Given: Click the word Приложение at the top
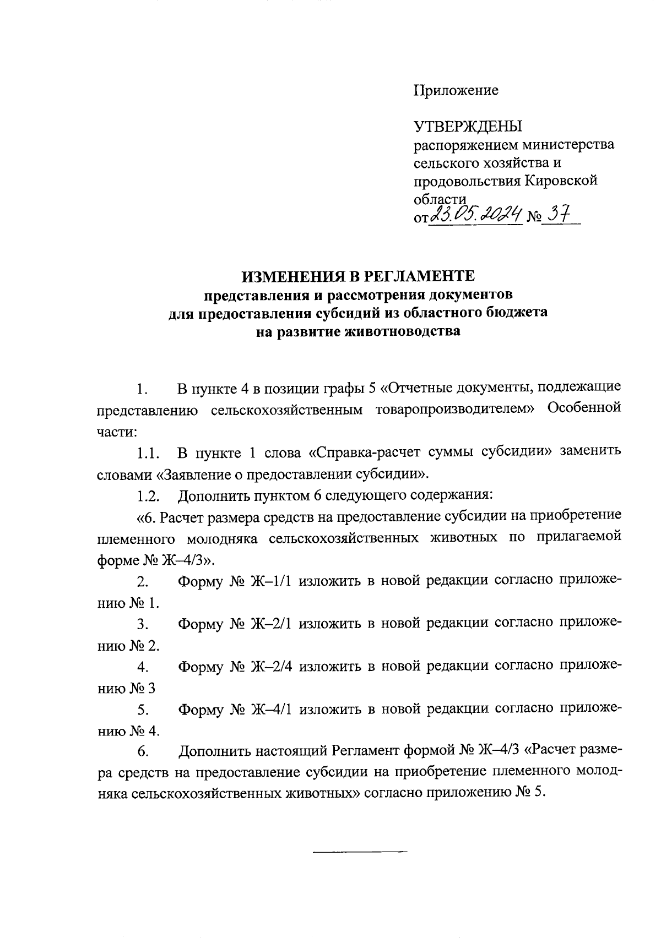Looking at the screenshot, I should (456, 91).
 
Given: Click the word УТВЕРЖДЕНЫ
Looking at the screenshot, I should (468, 127).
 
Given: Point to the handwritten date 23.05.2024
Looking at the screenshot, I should (475, 215).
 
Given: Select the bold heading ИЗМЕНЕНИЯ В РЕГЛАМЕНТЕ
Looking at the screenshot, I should (359, 275).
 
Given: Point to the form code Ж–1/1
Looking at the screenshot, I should (271, 582).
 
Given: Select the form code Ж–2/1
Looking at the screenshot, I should (271, 624).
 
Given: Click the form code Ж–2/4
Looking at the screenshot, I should (271, 667).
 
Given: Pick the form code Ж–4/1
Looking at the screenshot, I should (271, 710).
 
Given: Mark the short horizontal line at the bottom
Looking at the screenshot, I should (359, 853).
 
